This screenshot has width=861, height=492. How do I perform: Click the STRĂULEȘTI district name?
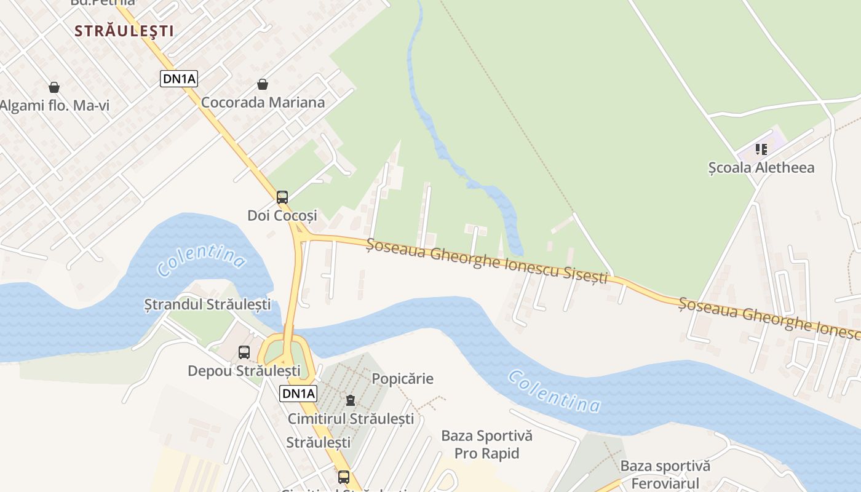click(124, 31)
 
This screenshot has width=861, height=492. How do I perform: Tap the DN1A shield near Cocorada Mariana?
click(179, 78)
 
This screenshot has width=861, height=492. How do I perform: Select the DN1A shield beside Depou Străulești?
click(298, 394)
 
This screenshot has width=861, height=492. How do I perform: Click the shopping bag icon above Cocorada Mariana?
click(263, 84)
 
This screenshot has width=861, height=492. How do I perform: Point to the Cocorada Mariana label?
click(263, 102)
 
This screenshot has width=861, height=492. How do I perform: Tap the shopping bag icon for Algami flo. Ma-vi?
click(54, 87)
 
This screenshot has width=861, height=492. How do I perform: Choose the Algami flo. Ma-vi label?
click(54, 106)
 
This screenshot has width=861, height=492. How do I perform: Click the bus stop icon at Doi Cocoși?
click(282, 197)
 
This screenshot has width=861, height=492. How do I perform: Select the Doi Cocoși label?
click(282, 215)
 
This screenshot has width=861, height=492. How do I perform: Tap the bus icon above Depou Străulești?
click(244, 352)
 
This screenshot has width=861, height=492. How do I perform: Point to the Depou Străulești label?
click(244, 371)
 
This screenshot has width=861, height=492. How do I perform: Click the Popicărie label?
click(403, 379)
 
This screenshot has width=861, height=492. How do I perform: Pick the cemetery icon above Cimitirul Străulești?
click(351, 400)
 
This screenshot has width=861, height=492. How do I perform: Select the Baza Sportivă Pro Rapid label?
click(486, 445)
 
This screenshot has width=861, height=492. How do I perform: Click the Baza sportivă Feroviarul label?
click(665, 474)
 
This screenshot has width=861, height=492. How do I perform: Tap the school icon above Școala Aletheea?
click(761, 149)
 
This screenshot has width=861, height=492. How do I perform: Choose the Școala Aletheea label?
click(761, 167)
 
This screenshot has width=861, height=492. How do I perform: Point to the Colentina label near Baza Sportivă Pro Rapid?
click(554, 391)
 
